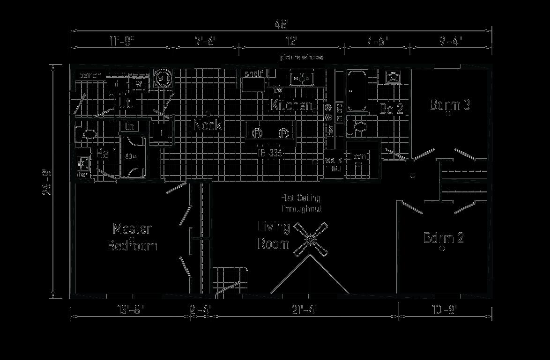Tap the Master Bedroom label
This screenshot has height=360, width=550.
pyautogui.click(x=132, y=237)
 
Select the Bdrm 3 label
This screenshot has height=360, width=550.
pyautogui.click(x=450, y=104)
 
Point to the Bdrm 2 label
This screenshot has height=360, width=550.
pyautogui.click(x=443, y=238)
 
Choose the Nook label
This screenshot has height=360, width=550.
pyautogui.click(x=208, y=125)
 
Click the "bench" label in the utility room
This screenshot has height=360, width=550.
pyautogui.click(x=90, y=75)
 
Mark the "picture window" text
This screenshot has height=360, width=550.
pyautogui.click(x=302, y=57)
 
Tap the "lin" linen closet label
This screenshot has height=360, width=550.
pyautogui.click(x=128, y=126)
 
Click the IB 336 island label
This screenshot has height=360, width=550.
pyautogui.click(x=271, y=153)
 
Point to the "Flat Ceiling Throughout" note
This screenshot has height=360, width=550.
pyautogui.click(x=301, y=203)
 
